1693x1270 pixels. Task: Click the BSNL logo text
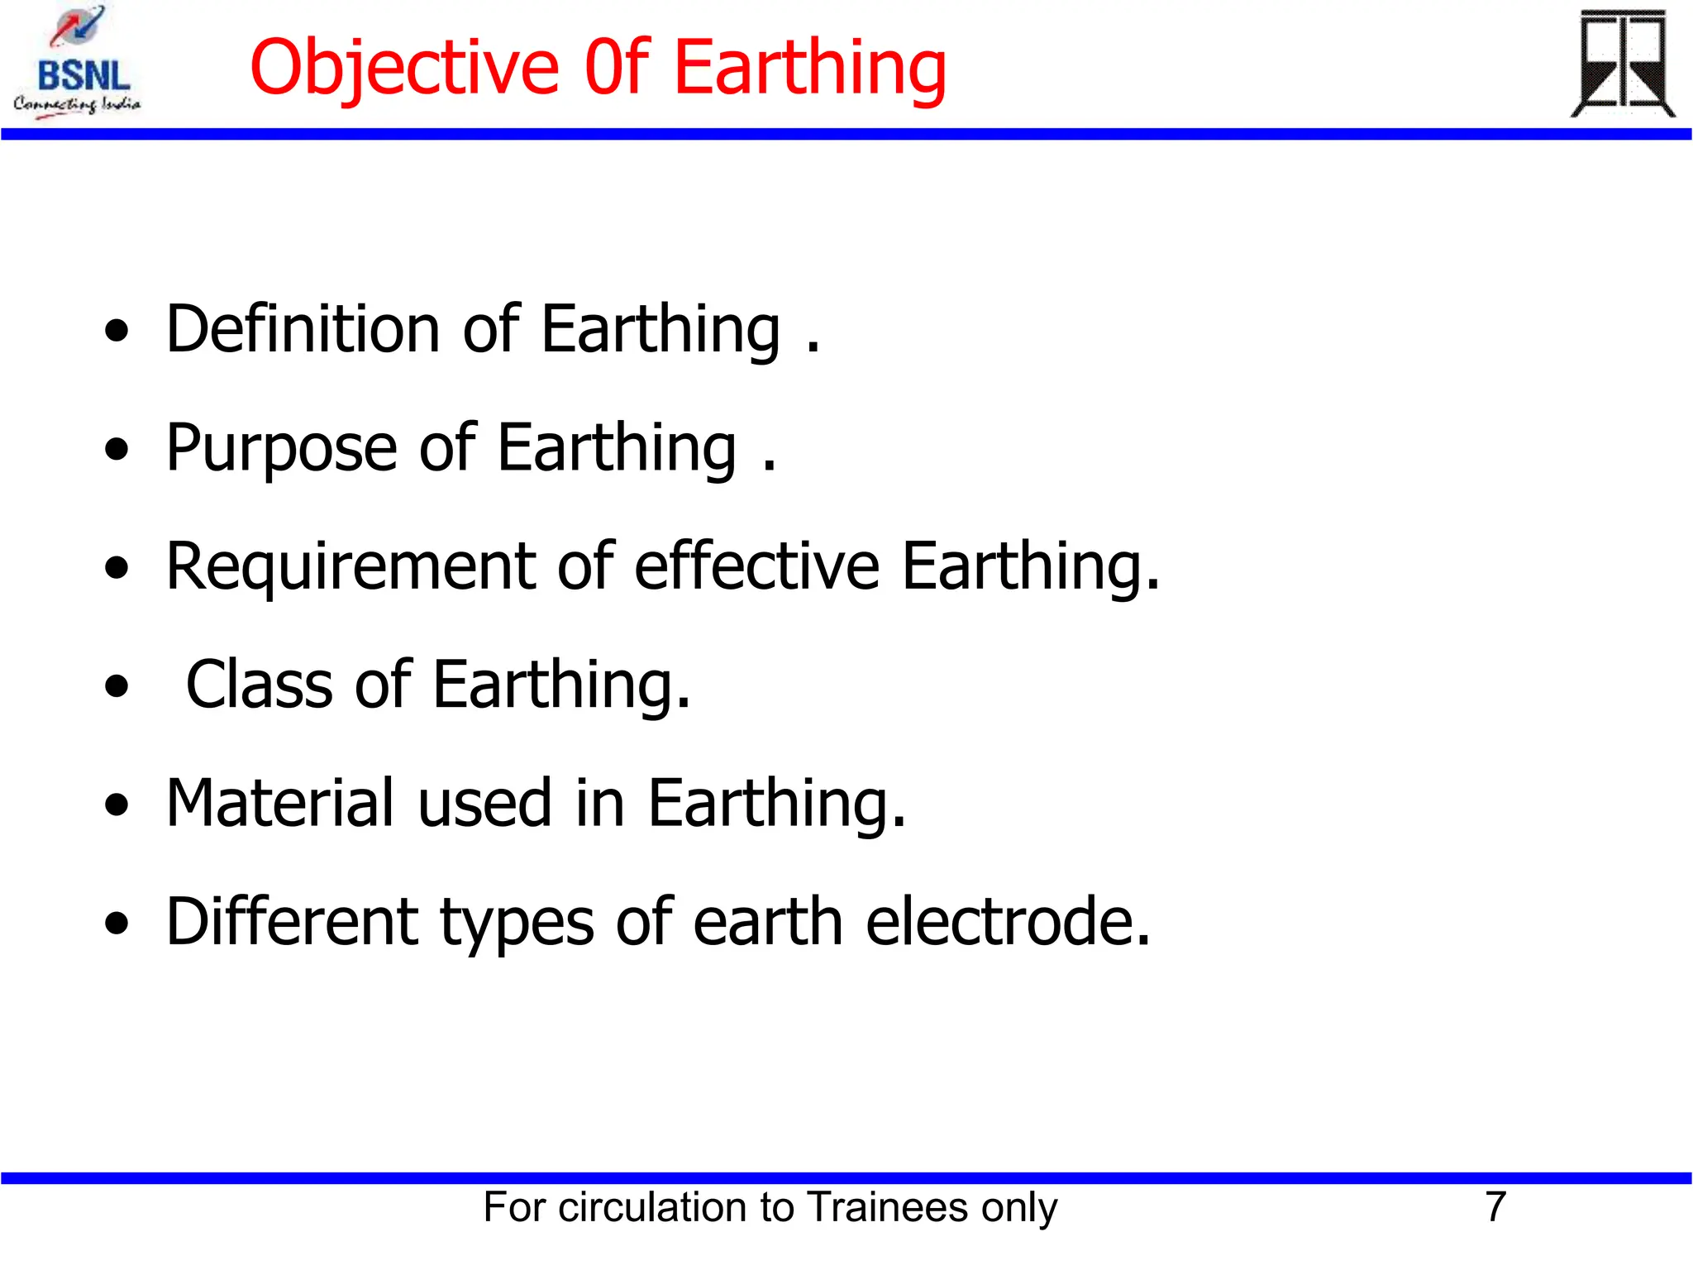point(83,76)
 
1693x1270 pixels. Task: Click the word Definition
point(302,330)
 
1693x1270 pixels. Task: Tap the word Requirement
point(351,567)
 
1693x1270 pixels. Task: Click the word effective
point(756,567)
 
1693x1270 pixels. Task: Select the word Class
point(259,685)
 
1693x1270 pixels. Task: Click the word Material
point(279,804)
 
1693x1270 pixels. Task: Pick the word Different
point(292,922)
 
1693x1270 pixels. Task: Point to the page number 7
point(1495,1207)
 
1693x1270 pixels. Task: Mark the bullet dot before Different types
point(117,924)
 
